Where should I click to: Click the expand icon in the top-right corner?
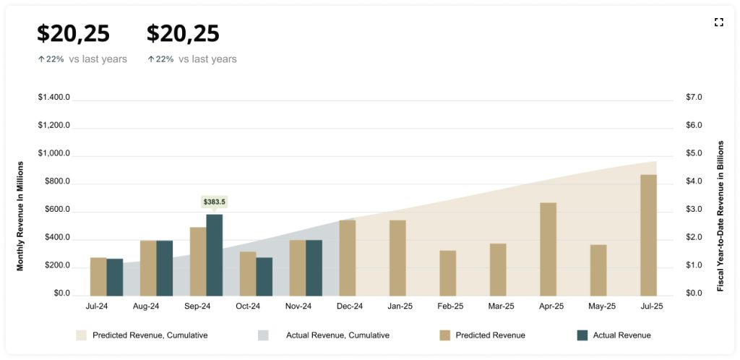coord(718,22)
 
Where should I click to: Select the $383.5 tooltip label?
coord(214,202)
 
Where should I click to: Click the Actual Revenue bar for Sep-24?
coord(215,254)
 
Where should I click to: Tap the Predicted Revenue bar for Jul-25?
coord(648,235)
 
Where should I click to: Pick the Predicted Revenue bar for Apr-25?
coord(548,249)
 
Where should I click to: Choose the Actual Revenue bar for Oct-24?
coord(264,276)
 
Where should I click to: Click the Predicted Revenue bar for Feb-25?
coord(448,273)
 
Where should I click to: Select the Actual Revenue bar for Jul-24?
coord(115,277)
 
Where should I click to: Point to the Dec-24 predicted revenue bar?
coord(348,257)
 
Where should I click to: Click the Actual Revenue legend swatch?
coord(582,335)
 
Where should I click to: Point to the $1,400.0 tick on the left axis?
coord(54,97)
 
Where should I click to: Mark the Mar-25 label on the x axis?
coord(501,307)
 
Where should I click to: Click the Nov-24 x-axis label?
coord(298,307)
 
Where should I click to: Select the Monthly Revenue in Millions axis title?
coord(20,215)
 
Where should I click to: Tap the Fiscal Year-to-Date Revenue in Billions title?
coord(720,215)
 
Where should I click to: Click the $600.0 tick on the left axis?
coord(54,210)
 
